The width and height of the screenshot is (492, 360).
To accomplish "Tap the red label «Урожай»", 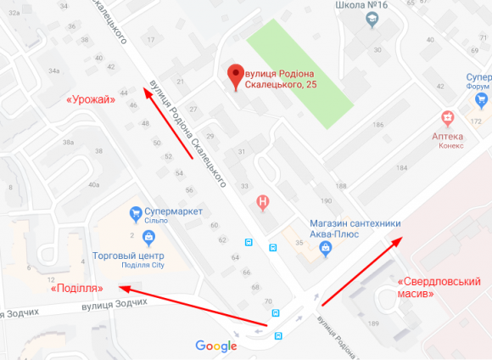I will point(91,100).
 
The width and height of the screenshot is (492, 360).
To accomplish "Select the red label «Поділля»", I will point(77,288).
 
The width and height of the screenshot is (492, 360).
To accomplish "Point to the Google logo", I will point(216,346).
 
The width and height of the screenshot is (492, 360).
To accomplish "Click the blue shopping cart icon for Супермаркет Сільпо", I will point(134,211).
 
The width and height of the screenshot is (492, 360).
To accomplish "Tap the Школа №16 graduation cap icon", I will point(372,20).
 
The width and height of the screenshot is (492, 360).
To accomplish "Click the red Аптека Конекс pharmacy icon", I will point(446,117).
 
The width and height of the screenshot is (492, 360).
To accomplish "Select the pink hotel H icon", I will point(264,202).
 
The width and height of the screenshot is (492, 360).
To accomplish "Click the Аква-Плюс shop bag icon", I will point(324,248).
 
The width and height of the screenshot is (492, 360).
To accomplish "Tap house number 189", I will point(372,324).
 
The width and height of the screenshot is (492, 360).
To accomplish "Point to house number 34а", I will point(55,70).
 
